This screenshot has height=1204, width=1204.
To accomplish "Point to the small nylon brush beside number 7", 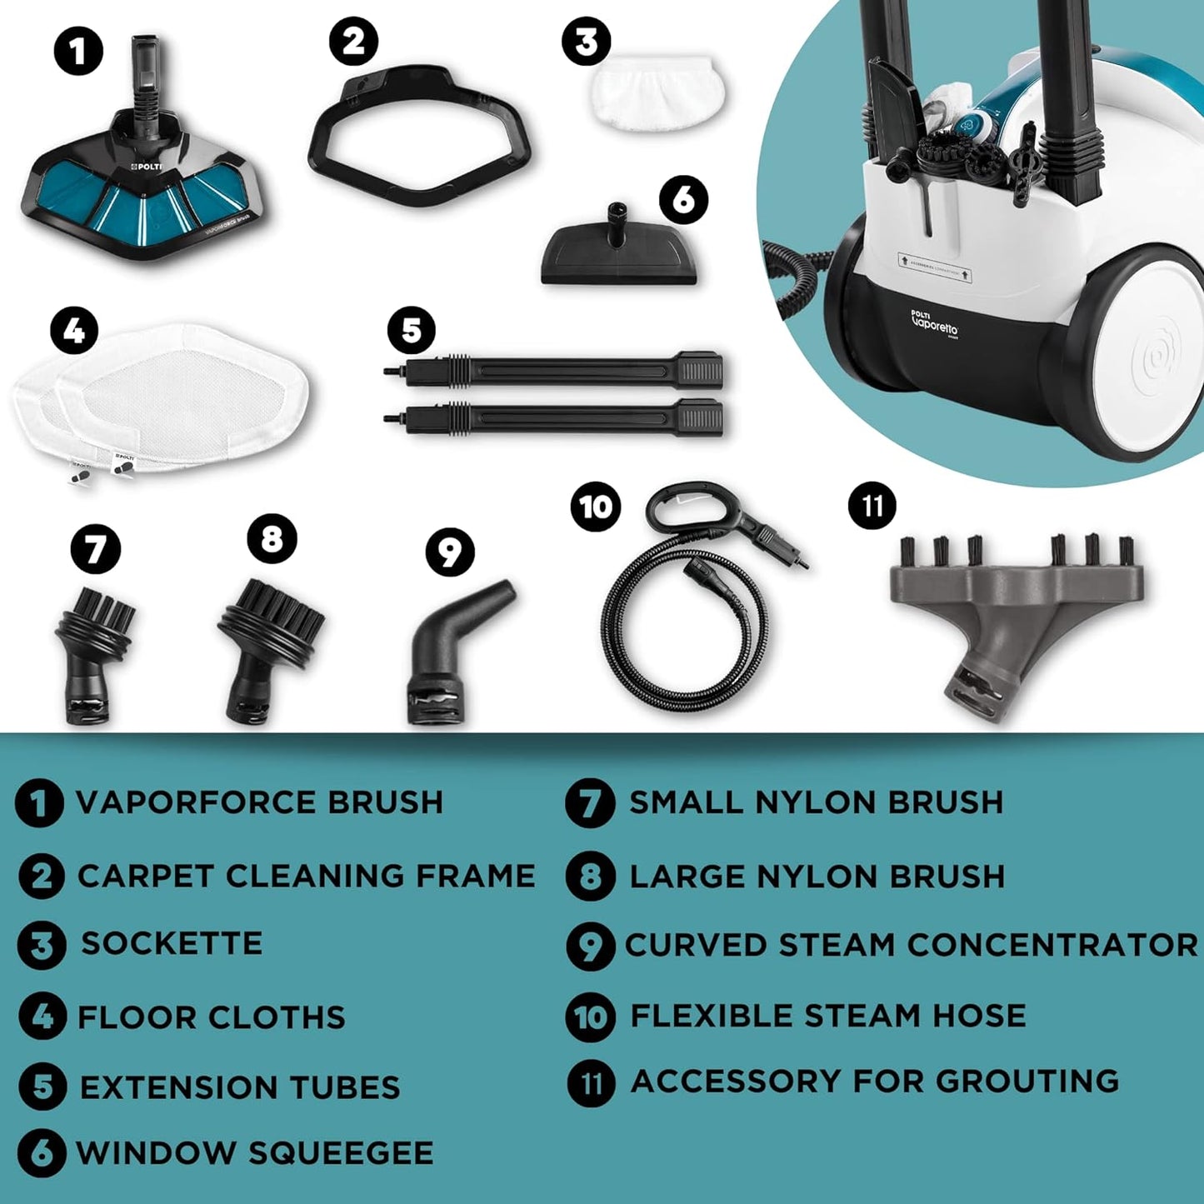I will click(93, 654).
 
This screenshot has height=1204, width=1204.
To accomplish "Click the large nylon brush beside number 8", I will click(268, 646).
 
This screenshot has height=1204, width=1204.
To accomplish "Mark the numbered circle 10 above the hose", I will click(596, 507).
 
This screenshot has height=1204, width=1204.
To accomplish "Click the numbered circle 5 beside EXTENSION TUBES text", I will click(42, 1087).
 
